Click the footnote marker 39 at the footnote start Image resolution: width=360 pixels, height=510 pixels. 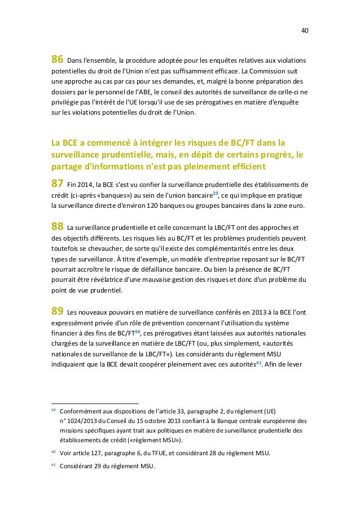coord(54,411)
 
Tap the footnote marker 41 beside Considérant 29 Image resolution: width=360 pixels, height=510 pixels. coord(54,465)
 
